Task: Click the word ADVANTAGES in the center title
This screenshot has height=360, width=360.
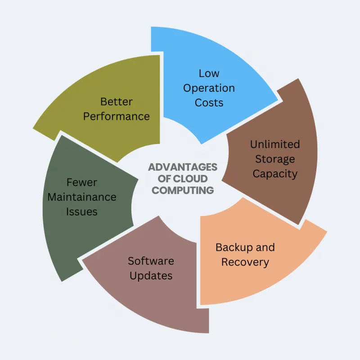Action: [183, 167]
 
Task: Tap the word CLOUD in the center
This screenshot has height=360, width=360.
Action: [190, 179]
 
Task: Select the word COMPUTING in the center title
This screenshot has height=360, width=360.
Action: [183, 190]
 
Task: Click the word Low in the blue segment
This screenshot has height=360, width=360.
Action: [209, 73]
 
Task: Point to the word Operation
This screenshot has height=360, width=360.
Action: [209, 89]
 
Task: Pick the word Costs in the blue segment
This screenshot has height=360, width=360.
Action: [209, 103]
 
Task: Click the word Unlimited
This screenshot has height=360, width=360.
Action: [275, 144]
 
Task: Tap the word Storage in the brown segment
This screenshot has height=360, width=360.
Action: [275, 159]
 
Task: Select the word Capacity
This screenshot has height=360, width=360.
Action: [275, 174]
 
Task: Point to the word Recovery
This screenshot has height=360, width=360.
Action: [245, 263]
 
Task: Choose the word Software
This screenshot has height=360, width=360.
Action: [151, 261]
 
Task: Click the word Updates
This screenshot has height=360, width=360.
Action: [151, 276]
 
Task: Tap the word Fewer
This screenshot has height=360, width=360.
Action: [82, 183]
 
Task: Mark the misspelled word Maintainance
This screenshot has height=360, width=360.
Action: [82, 197]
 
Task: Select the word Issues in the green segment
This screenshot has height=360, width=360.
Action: [82, 211]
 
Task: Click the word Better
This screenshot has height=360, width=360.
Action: [117, 102]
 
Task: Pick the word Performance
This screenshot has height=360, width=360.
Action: [117, 117]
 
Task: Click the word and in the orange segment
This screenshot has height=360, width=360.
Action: [265, 247]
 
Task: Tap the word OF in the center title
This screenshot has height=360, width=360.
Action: [164, 179]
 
